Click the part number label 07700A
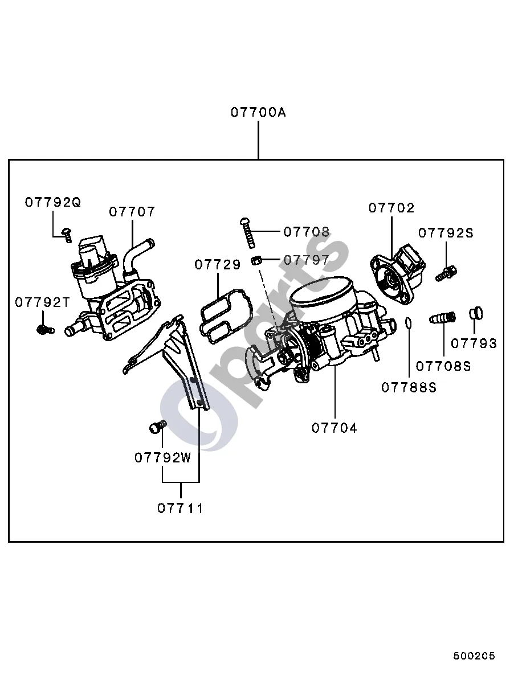[258, 113]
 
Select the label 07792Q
[53, 202]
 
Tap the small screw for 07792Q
[67, 235]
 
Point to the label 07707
[132, 212]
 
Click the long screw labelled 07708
[247, 233]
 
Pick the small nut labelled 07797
[257, 260]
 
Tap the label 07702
[391, 208]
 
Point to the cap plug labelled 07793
[476, 313]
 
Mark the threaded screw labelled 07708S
[443, 318]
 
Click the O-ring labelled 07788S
[409, 322]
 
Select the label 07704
[335, 428]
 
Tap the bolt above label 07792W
[157, 427]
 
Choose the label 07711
[181, 509]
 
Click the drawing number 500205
[475, 656]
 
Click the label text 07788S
[409, 388]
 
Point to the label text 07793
[475, 343]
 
